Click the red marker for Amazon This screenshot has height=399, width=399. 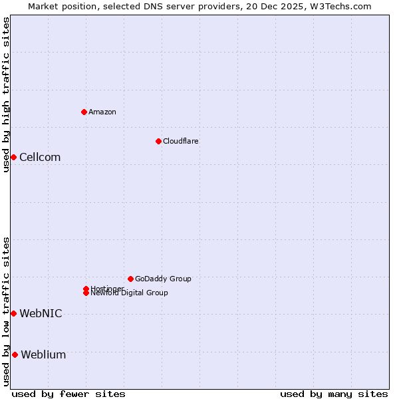[84, 112]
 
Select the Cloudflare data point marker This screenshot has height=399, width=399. [158, 141]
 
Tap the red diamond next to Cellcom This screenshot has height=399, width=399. [13, 157]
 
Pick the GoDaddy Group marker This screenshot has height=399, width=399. [130, 279]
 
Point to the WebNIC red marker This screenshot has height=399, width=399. [13, 313]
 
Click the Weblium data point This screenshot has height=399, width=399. [15, 354]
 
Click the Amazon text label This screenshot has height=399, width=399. [102, 112]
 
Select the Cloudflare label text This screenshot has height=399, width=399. [181, 141]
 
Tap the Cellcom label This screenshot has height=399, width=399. [40, 158]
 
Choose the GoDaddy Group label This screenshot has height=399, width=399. [163, 279]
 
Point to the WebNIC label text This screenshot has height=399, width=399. [41, 314]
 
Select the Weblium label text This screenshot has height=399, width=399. [43, 355]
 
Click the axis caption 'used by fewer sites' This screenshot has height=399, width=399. [68, 394]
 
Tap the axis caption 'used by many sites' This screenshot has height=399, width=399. [334, 394]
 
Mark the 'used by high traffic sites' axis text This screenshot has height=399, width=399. [6, 94]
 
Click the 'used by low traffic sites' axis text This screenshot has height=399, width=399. [6, 311]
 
